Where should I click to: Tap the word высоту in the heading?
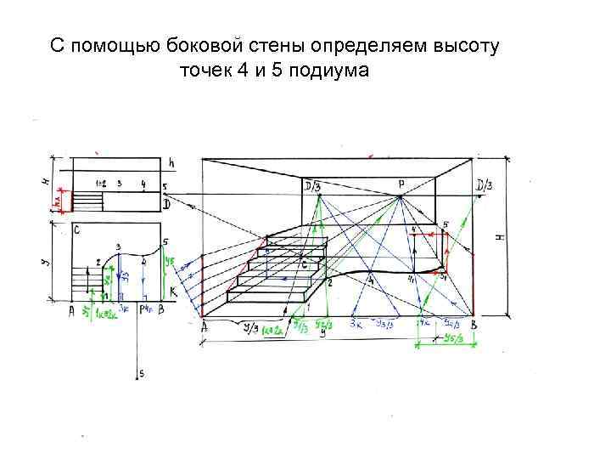pos(466,43)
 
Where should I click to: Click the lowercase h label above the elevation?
pos(171,162)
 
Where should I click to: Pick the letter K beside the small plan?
pos(173,292)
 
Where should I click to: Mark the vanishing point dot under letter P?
pos(400,197)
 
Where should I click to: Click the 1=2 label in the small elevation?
pos(101,183)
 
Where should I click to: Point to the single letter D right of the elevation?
pos(167,205)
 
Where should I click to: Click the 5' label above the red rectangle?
pos(445,225)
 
